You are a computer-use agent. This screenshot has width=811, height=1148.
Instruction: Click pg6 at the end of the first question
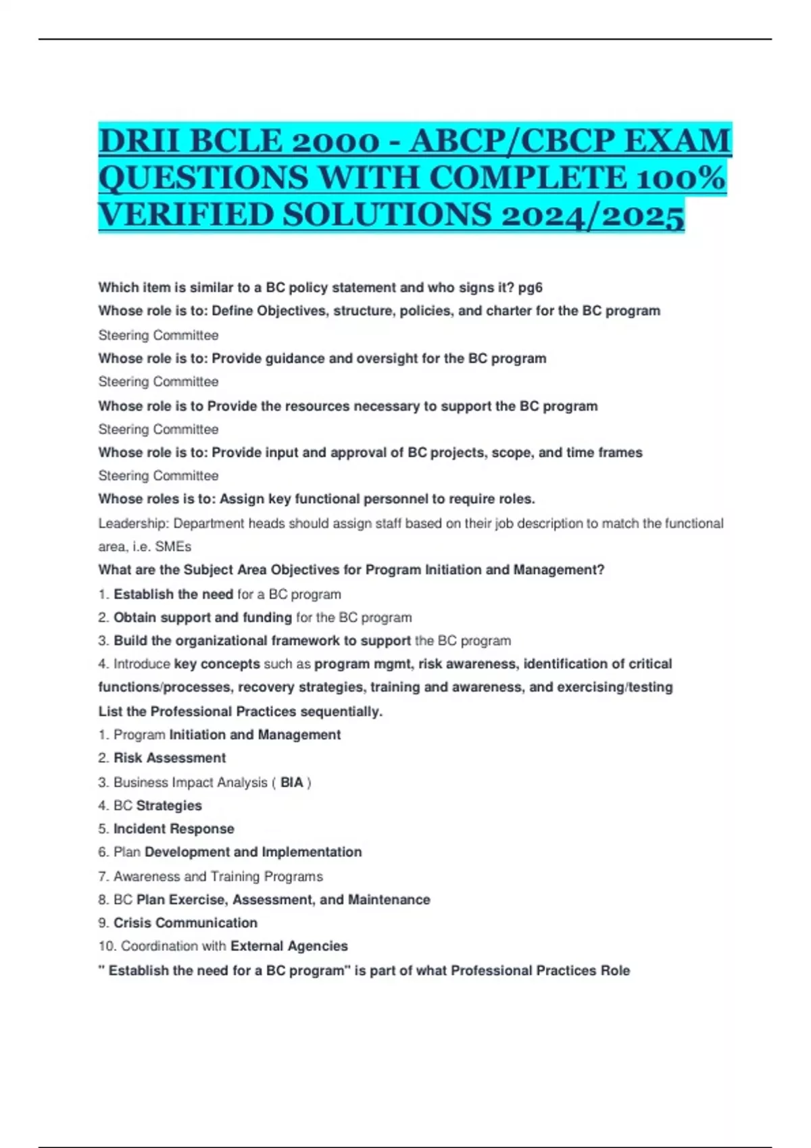tap(531, 288)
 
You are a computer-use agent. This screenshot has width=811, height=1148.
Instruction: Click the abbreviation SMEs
tap(173, 546)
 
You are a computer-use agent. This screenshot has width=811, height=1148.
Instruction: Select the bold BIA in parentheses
tap(292, 782)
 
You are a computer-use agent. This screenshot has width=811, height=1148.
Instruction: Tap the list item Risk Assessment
tap(170, 758)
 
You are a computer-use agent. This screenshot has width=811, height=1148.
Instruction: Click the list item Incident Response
tap(174, 829)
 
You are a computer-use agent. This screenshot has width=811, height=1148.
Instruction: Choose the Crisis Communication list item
tap(185, 922)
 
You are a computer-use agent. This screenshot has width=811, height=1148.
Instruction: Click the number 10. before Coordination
tap(107, 946)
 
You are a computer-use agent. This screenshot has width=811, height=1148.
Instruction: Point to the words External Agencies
tap(289, 946)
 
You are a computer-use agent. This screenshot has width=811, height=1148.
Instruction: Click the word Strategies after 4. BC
tap(169, 806)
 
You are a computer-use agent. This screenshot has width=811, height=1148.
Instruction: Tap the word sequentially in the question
tap(341, 711)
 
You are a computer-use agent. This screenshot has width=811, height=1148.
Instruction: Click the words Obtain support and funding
tap(203, 617)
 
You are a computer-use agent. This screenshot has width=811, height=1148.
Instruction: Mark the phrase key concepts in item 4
tap(217, 664)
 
